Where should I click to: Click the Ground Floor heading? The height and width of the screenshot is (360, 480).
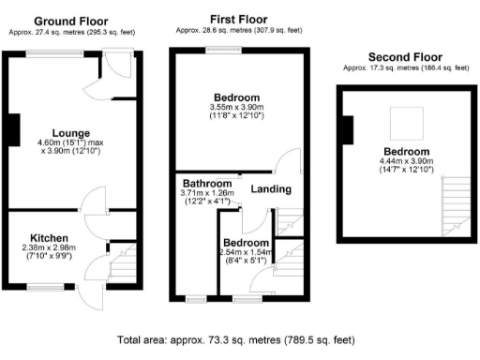pos(71,21)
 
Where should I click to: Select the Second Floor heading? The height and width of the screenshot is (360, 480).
pos(406,56)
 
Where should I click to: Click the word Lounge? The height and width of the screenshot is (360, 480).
pos(46,132)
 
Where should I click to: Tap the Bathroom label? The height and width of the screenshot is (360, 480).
pos(202,183)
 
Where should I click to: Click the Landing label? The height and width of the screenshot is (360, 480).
pos(271,189)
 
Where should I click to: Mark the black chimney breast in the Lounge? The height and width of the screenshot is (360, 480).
pos(12,129)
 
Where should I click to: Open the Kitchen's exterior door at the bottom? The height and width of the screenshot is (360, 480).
pos(90,293)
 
